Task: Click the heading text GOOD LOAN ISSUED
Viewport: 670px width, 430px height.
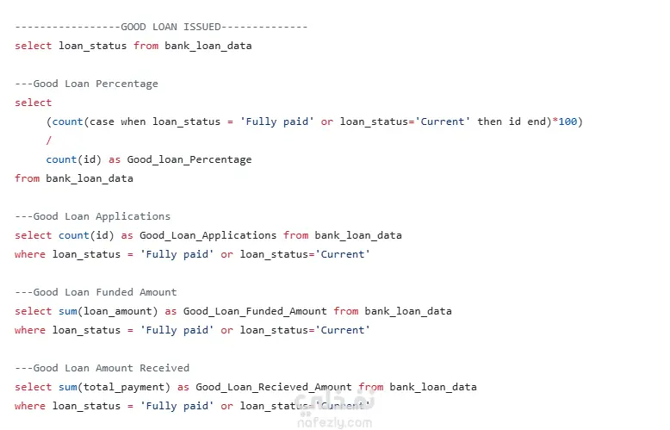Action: click(171, 27)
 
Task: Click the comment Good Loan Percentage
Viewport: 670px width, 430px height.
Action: click(96, 84)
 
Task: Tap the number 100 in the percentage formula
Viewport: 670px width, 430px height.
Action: click(568, 122)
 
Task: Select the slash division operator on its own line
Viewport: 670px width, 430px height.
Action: click(49, 140)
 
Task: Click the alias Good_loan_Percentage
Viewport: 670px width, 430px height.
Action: click(189, 160)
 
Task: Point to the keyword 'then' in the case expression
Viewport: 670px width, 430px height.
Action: click(490, 122)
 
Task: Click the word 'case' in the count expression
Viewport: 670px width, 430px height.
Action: click(102, 122)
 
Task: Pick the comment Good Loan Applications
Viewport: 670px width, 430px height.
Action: click(102, 216)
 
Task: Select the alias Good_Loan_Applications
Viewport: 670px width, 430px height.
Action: click(208, 235)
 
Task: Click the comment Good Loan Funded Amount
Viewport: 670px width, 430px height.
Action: click(105, 292)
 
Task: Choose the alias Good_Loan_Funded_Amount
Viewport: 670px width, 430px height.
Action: click(255, 311)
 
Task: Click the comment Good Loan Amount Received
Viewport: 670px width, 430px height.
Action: click(111, 368)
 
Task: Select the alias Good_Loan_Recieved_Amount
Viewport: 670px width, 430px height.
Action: click(274, 387)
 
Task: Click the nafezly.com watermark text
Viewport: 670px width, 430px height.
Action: click(335, 423)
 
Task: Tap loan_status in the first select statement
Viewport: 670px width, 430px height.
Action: click(93, 47)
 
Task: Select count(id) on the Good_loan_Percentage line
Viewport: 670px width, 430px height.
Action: click(74, 160)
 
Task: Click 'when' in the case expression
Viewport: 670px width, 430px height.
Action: click(133, 122)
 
